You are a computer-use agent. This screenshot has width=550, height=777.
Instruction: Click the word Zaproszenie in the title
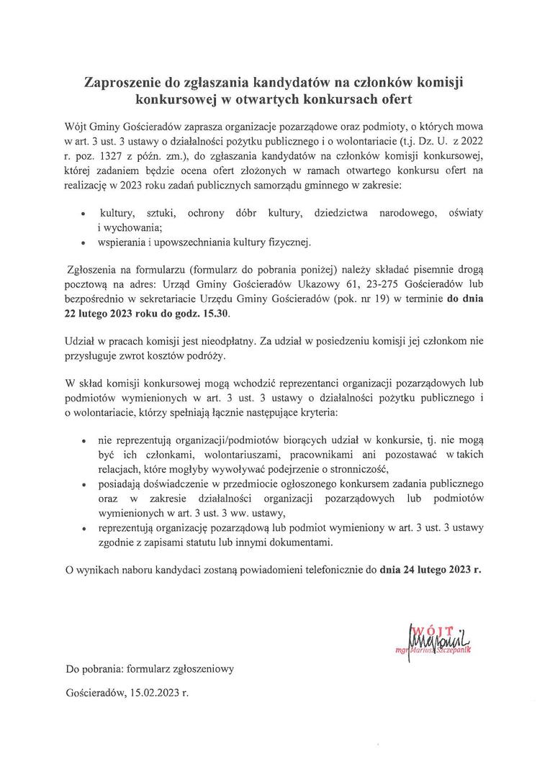pyautogui.click(x=124, y=84)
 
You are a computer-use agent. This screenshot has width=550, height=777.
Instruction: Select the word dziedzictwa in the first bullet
pyautogui.click(x=335, y=214)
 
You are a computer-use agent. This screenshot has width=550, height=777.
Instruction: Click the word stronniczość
pyautogui.click(x=356, y=468)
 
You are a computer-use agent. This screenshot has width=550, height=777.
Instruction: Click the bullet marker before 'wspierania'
pyautogui.click(x=85, y=242)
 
